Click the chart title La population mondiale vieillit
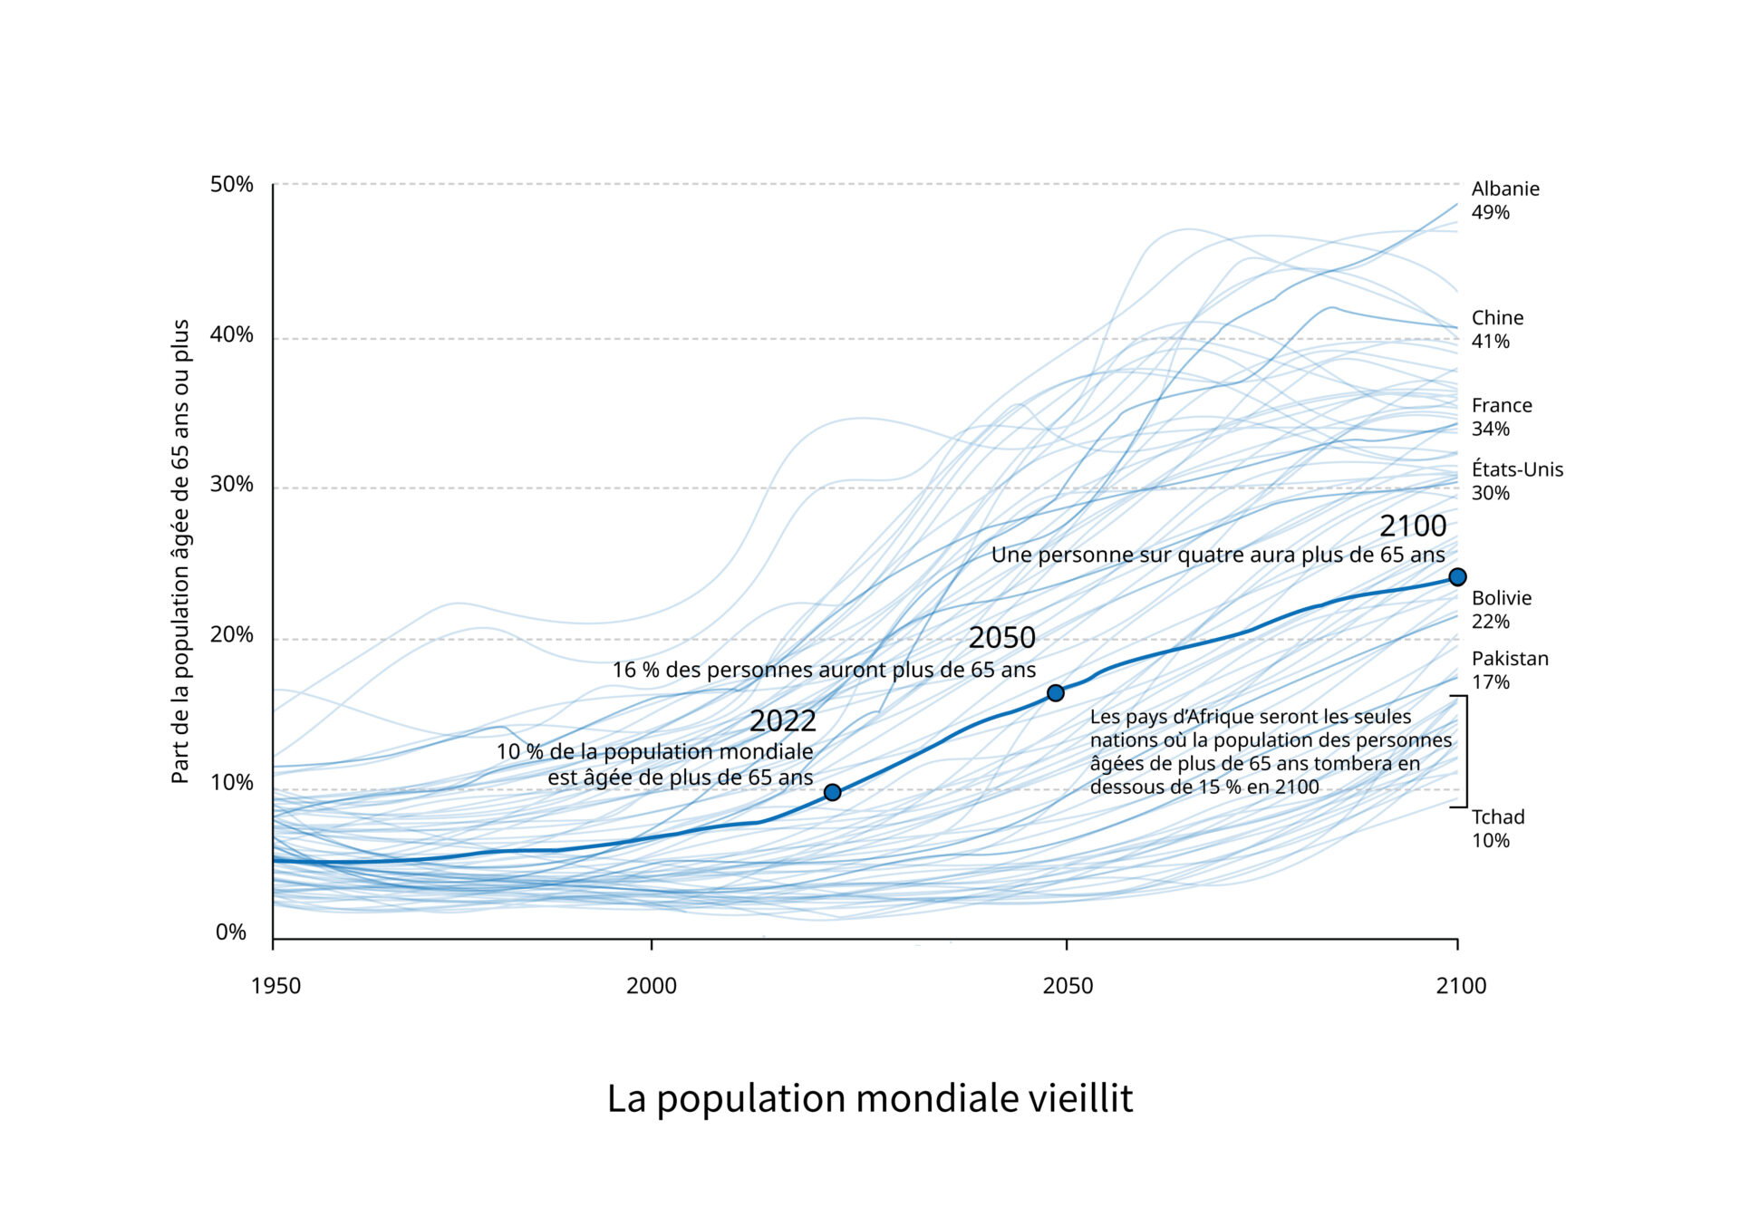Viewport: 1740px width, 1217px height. pyautogui.click(x=869, y=1098)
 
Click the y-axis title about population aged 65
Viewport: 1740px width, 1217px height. pyautogui.click(x=180, y=551)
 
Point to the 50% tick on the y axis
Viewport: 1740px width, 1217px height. pyautogui.click(x=232, y=185)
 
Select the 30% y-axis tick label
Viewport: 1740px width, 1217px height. pyautogui.click(x=232, y=484)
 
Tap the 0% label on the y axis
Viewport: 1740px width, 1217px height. pyautogui.click(x=231, y=932)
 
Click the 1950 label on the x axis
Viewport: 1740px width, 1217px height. pyautogui.click(x=275, y=986)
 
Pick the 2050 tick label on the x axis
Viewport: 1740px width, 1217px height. pyautogui.click(x=1068, y=986)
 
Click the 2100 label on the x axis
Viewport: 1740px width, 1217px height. pyautogui.click(x=1460, y=986)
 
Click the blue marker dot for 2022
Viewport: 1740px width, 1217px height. pyautogui.click(x=832, y=793)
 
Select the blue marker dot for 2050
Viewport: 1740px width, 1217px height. pyautogui.click(x=1055, y=693)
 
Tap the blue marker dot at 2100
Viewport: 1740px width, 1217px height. pyautogui.click(x=1457, y=577)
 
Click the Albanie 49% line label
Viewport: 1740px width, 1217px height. pyautogui.click(x=1504, y=200)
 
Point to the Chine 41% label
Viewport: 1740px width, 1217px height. pyautogui.click(x=1497, y=330)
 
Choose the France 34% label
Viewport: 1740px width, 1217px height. pyautogui.click(x=1501, y=417)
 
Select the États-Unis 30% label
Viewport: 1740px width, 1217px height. pyautogui.click(x=1516, y=481)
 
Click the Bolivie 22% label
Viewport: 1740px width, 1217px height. pyautogui.click(x=1501, y=610)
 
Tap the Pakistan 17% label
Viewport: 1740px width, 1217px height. pyautogui.click(x=1509, y=671)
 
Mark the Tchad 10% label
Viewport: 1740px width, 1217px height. pyautogui.click(x=1497, y=828)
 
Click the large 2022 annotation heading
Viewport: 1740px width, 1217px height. pyautogui.click(x=782, y=721)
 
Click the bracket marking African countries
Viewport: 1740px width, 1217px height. pyautogui.click(x=1464, y=751)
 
